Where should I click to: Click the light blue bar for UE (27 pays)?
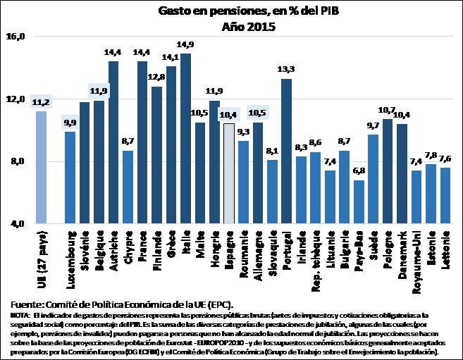(42, 168)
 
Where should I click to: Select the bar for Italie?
(185, 139)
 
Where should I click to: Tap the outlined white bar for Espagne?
(228, 173)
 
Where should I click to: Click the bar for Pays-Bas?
(359, 202)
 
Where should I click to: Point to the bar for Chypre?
(128, 187)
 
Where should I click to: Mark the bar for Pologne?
(387, 171)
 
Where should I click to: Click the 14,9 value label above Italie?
(185, 45)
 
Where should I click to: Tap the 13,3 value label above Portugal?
(286, 70)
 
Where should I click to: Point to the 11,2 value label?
(42, 101)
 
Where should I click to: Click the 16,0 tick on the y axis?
(16, 37)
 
